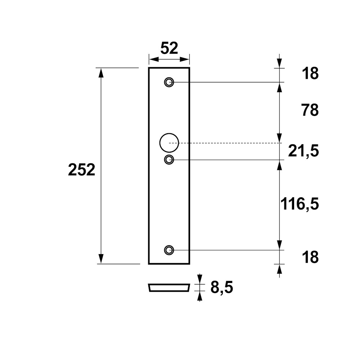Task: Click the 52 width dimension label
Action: [x=169, y=48]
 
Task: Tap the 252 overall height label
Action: [x=81, y=170]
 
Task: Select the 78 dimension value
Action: [x=310, y=110]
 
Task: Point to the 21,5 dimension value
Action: [x=303, y=151]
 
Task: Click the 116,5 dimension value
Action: [x=300, y=204]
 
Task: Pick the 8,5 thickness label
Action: [x=222, y=287]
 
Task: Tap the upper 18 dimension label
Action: [x=310, y=73]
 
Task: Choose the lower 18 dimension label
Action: [x=310, y=257]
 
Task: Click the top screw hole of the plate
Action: [x=169, y=82]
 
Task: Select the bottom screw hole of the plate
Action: [x=169, y=250]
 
